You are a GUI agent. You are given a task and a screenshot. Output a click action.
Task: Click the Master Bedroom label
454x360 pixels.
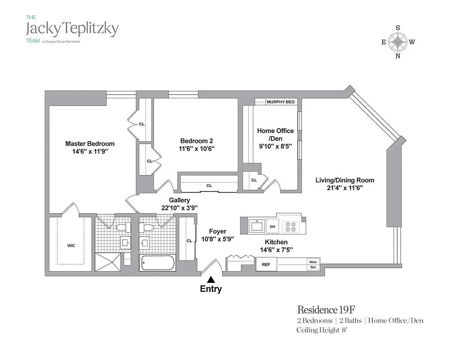tap(90, 144)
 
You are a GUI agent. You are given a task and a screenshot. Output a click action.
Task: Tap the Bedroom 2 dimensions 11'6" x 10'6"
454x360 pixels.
tap(197, 149)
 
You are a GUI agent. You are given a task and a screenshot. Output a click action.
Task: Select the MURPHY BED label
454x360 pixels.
tap(280, 102)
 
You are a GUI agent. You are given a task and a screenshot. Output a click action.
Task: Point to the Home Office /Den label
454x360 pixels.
tap(275, 135)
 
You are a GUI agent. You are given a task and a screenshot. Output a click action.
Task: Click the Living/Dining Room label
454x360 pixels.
tap(345, 180)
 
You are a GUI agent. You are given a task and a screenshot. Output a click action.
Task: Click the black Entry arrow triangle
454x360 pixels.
tap(211, 279)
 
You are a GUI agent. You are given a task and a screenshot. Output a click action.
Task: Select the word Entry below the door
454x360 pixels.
tap(211, 289)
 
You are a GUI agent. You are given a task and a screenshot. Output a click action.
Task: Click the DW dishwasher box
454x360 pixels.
tap(272, 227)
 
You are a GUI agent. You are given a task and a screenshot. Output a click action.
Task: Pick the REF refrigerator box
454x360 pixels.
tap(266, 265)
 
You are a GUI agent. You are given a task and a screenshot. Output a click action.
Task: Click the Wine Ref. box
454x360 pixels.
tap(313, 264)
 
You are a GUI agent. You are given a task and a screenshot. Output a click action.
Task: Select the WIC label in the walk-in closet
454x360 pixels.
tap(71, 246)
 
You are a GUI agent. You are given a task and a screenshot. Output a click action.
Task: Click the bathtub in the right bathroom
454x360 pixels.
tap(157, 263)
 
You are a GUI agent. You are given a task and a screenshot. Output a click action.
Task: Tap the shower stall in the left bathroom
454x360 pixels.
tap(108, 262)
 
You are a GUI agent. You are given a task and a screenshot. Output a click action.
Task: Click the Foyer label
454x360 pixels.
tap(218, 231)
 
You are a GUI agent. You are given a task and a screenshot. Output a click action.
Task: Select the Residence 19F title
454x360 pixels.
tap(326, 310)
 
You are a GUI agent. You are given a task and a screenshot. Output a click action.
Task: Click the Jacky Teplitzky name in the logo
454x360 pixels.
tap(72, 29)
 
